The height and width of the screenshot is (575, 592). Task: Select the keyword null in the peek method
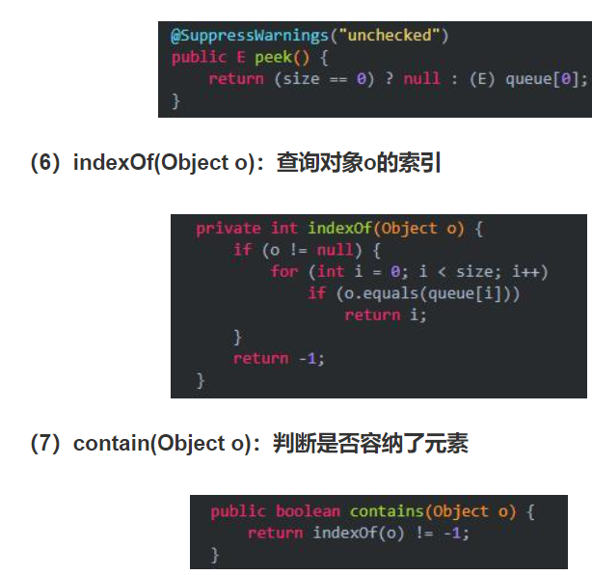pyautogui.click(x=421, y=79)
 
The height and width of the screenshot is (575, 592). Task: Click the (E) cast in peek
pyautogui.click(x=479, y=79)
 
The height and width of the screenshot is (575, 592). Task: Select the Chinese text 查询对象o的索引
pyautogui.click(x=359, y=163)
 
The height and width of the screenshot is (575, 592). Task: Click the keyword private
pyautogui.click(x=228, y=229)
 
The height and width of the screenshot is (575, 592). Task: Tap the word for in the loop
pyautogui.click(x=283, y=272)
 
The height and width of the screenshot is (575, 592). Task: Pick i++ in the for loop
pyautogui.click(x=528, y=272)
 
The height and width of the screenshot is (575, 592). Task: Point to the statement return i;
pyautogui.click(x=385, y=315)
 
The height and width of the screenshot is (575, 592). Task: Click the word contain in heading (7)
pyautogui.click(x=111, y=444)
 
